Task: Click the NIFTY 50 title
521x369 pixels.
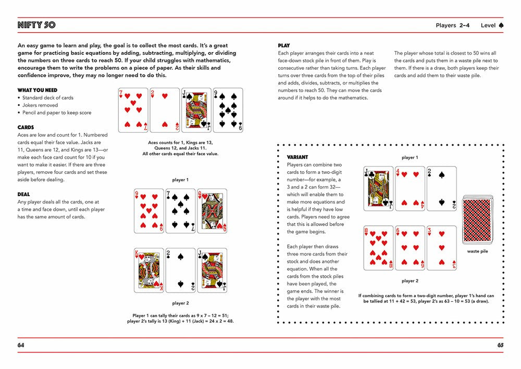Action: coord(36,25)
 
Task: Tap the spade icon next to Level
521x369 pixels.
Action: coord(501,25)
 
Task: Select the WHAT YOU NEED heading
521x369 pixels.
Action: coord(37,90)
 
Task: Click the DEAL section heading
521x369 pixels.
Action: coord(24,194)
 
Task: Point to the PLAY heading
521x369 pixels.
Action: coord(284,45)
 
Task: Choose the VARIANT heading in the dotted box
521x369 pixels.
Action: coord(297,157)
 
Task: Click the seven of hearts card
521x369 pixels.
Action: coord(133,110)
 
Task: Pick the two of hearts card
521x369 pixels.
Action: coord(165,110)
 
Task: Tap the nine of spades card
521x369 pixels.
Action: coord(228,110)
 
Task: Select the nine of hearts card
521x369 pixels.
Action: coord(149,210)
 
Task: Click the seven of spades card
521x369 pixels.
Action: coord(180,210)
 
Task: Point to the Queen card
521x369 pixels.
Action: coord(212,210)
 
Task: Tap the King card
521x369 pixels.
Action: coord(149,270)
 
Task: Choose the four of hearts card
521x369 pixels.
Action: coord(410,188)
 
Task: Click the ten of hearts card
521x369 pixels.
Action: coord(379,248)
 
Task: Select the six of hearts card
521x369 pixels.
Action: coord(410,248)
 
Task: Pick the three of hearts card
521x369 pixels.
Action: coord(441,248)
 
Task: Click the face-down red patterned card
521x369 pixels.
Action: coord(477,219)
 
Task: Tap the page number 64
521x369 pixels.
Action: coord(21,345)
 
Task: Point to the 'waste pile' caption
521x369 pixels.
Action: coord(477,251)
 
